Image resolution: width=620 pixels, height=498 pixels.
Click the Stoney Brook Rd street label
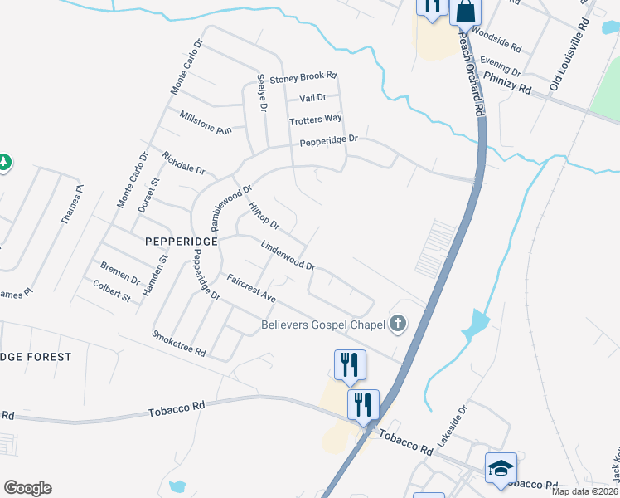pyautogui.click(x=303, y=76)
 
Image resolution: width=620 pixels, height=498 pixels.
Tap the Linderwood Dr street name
pyautogui.click(x=288, y=256)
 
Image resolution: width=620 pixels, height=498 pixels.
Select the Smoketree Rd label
pyautogui.click(x=178, y=342)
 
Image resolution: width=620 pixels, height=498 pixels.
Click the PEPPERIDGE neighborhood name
pyautogui.click(x=181, y=241)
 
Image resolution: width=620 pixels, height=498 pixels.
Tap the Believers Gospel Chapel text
pyautogui.click(x=323, y=325)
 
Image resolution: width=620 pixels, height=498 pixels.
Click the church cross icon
pyautogui.click(x=398, y=324)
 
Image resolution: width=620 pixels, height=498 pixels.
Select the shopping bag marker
pyautogui.click(x=465, y=12)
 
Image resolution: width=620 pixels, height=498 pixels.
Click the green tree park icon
pyautogui.click(x=3, y=162)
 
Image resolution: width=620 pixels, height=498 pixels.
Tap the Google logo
pyautogui.click(x=27, y=488)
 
